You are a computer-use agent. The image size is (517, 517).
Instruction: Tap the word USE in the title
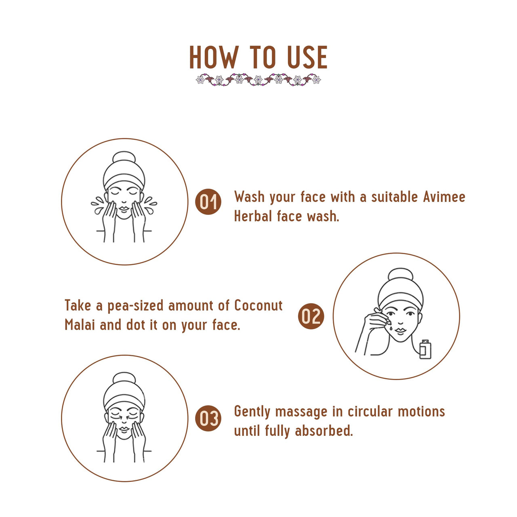[x=307, y=57]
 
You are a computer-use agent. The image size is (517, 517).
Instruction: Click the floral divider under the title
[x=258, y=79]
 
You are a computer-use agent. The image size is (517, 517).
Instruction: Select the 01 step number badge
[x=208, y=202]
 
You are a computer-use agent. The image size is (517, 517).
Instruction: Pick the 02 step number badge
[x=311, y=316]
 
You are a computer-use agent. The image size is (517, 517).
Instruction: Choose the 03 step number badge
[x=208, y=418]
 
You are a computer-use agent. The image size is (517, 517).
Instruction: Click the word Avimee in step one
[x=444, y=197]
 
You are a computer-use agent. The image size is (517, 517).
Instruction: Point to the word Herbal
[x=253, y=216]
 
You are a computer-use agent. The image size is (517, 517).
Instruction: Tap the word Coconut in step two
[x=258, y=305]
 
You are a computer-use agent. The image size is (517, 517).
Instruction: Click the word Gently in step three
[x=252, y=412]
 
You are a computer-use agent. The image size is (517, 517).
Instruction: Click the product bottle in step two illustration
[x=425, y=349]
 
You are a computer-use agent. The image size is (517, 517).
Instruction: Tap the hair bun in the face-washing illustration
[x=124, y=157]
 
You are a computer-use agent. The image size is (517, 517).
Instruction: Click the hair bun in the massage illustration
[x=124, y=378]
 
